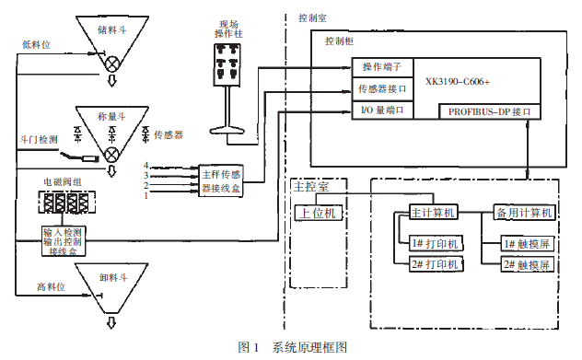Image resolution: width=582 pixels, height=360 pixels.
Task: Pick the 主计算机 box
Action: coord(432,213)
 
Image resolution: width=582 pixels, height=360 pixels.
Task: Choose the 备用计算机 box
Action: coord(522,213)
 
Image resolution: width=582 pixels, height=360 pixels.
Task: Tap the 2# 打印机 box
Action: coord(438,265)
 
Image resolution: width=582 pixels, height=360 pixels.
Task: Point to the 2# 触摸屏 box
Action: coord(527,265)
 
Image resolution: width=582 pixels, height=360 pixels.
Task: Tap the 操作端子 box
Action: coord(383,67)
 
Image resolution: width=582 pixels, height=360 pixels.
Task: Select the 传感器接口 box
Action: coord(383,89)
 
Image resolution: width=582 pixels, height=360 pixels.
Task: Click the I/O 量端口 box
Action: coord(383,110)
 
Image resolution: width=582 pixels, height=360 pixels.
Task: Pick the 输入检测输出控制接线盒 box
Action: coord(64,239)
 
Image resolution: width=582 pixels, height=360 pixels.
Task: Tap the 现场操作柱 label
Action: coord(228,29)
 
